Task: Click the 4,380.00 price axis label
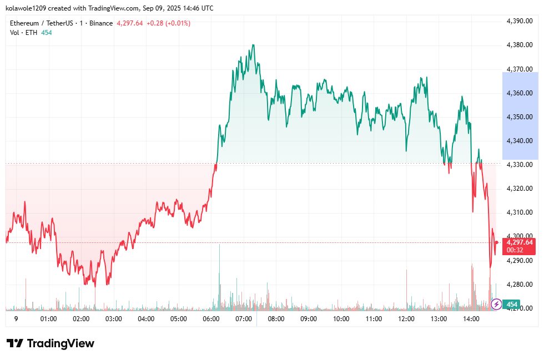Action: click(520, 45)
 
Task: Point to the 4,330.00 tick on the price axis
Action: click(520, 165)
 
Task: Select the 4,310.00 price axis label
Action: click(520, 212)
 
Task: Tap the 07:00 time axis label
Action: click(244, 319)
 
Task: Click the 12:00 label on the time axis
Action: click(406, 319)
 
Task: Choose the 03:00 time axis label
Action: click(114, 319)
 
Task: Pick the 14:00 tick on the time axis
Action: click(471, 319)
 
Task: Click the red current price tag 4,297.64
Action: click(520, 242)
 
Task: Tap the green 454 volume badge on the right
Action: click(512, 305)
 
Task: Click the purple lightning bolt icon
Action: click(497, 304)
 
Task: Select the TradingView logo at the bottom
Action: click(51, 343)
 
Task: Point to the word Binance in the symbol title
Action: click(102, 23)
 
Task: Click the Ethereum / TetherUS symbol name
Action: click(42, 23)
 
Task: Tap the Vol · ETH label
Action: click(23, 33)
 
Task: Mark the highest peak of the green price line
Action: click(253, 45)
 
